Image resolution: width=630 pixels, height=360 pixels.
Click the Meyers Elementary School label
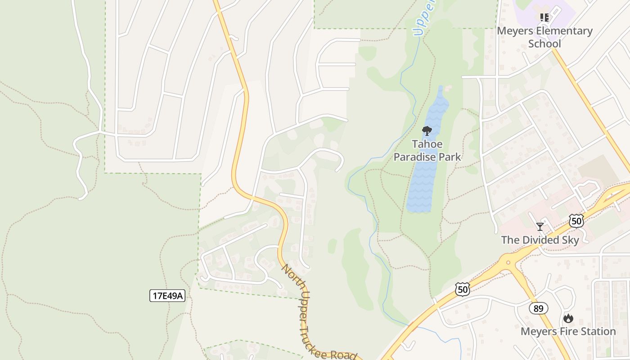click(544, 37)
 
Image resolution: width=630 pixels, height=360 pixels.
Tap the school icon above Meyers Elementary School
click(544, 18)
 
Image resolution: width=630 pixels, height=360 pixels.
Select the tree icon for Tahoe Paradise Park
click(427, 131)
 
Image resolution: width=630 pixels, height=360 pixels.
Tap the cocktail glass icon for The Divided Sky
click(540, 226)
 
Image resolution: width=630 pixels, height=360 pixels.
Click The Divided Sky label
click(540, 240)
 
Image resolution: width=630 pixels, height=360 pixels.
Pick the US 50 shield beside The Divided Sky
click(576, 221)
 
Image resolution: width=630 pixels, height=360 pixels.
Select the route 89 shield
click(538, 308)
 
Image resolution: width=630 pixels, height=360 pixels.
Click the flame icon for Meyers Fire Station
click(568, 319)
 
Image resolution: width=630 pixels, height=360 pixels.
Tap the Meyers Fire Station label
click(568, 332)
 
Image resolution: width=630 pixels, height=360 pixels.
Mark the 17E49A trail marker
click(167, 296)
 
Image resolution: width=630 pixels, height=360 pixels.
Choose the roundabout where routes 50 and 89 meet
click(508, 262)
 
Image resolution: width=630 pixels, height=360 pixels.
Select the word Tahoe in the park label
click(427, 144)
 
